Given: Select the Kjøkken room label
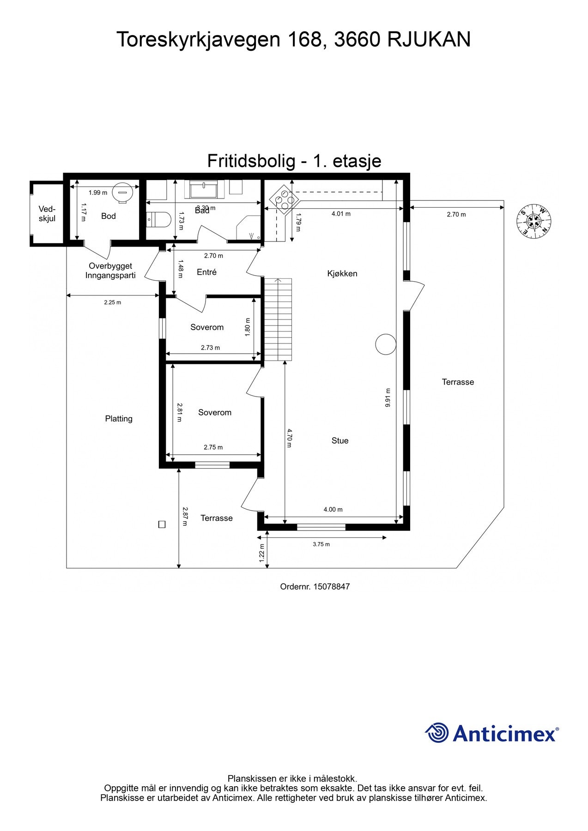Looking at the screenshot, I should click(x=342, y=273).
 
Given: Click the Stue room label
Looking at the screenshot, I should click(x=340, y=441).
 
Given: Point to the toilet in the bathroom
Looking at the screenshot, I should click(x=158, y=219).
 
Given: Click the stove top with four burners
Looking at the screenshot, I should click(x=284, y=199).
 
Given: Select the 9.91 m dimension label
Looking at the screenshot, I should click(x=388, y=397).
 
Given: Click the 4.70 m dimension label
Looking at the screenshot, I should click(x=290, y=438).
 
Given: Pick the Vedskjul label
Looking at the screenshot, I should click(x=47, y=214).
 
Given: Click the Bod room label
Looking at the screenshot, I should click(x=109, y=216).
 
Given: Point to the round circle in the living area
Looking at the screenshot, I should click(x=386, y=344).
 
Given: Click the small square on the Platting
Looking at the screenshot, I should click(x=162, y=524).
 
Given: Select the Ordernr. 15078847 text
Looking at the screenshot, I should click(x=315, y=587).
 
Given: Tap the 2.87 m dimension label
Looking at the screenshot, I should click(x=185, y=517).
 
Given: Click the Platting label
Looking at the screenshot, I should click(x=119, y=419).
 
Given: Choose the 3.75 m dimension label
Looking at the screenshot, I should click(x=321, y=544).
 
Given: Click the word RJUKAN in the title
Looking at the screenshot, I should click(x=429, y=40).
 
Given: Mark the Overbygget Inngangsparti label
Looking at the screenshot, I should click(x=110, y=271).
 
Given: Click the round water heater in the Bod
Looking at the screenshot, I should click(x=122, y=193).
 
